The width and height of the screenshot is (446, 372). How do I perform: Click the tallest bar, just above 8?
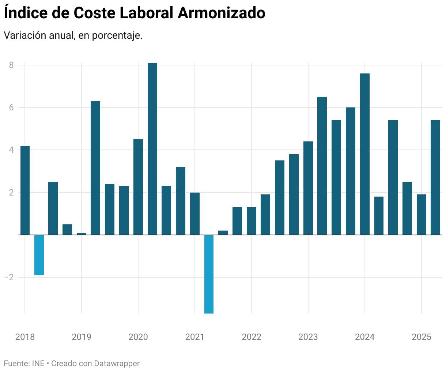pos(152,146)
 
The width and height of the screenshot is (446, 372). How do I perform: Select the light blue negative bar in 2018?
pos(39,255)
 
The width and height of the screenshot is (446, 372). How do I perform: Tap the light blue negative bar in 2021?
pos(209,274)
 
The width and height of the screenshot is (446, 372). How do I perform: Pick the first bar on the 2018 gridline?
pos(25,190)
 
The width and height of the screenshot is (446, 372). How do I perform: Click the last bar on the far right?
pos(435,177)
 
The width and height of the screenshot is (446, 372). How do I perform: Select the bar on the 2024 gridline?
pos(365,153)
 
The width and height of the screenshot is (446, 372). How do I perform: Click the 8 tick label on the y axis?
pos(11,65)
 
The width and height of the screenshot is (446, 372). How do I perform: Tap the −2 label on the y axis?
pos(9,277)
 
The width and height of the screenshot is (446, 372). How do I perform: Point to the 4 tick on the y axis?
pos(11,150)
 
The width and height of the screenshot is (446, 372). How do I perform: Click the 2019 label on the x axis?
pos(82,337)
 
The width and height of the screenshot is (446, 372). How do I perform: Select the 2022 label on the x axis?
pos(252,337)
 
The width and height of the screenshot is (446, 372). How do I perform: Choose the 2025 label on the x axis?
pos(422,337)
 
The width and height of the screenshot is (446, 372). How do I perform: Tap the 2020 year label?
pos(138,337)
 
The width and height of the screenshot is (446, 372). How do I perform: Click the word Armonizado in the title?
pos(221,13)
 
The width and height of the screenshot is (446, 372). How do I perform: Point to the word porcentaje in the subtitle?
pos(117,36)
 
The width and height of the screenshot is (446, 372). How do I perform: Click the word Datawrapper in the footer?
pos(117,364)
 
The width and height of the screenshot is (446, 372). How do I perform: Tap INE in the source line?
pos(38,364)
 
